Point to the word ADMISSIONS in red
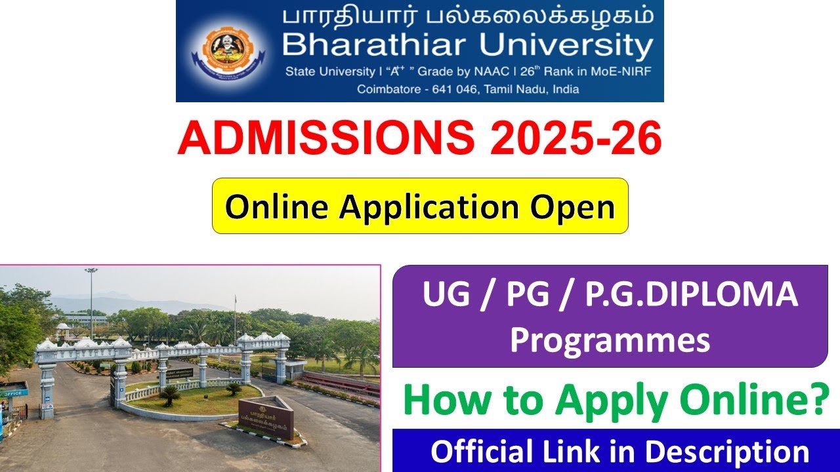pos(324,139)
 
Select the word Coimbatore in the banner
pos(387,89)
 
